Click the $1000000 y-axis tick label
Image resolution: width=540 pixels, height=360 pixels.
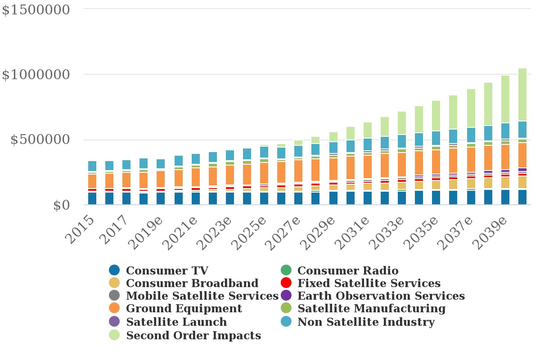pyautogui.click(x=36, y=75)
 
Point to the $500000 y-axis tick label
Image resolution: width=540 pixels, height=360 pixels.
pyautogui.click(x=40, y=140)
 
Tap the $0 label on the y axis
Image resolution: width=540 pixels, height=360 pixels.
pyautogui.click(x=62, y=206)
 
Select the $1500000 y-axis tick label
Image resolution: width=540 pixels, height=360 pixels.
pyautogui.click(x=36, y=9)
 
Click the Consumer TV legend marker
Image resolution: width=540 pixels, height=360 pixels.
pyautogui.click(x=115, y=270)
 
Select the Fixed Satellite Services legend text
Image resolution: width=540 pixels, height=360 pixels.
pyautogui.click(x=369, y=283)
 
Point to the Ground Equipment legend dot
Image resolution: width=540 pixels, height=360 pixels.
pyautogui.click(x=115, y=308)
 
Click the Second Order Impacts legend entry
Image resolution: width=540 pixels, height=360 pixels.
pyautogui.click(x=193, y=335)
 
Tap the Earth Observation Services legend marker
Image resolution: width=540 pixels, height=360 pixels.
pyautogui.click(x=286, y=296)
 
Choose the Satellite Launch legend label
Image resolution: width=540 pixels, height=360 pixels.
pyautogui.click(x=176, y=322)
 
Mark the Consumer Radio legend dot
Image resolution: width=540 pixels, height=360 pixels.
pyautogui.click(x=286, y=270)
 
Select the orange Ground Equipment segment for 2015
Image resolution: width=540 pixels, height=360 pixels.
pyautogui.click(x=92, y=181)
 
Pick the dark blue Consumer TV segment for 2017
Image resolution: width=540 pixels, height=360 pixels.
pyautogui.click(x=126, y=198)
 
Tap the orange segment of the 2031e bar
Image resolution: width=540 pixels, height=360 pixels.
pyautogui.click(x=368, y=167)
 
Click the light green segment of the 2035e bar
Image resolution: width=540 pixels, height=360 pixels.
pyautogui.click(x=436, y=116)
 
